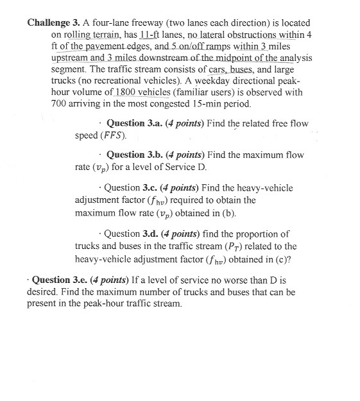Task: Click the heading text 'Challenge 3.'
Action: click(54, 22)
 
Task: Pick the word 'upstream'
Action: click(71, 58)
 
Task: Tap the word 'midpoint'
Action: click(234, 58)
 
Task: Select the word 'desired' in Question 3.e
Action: click(44, 292)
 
